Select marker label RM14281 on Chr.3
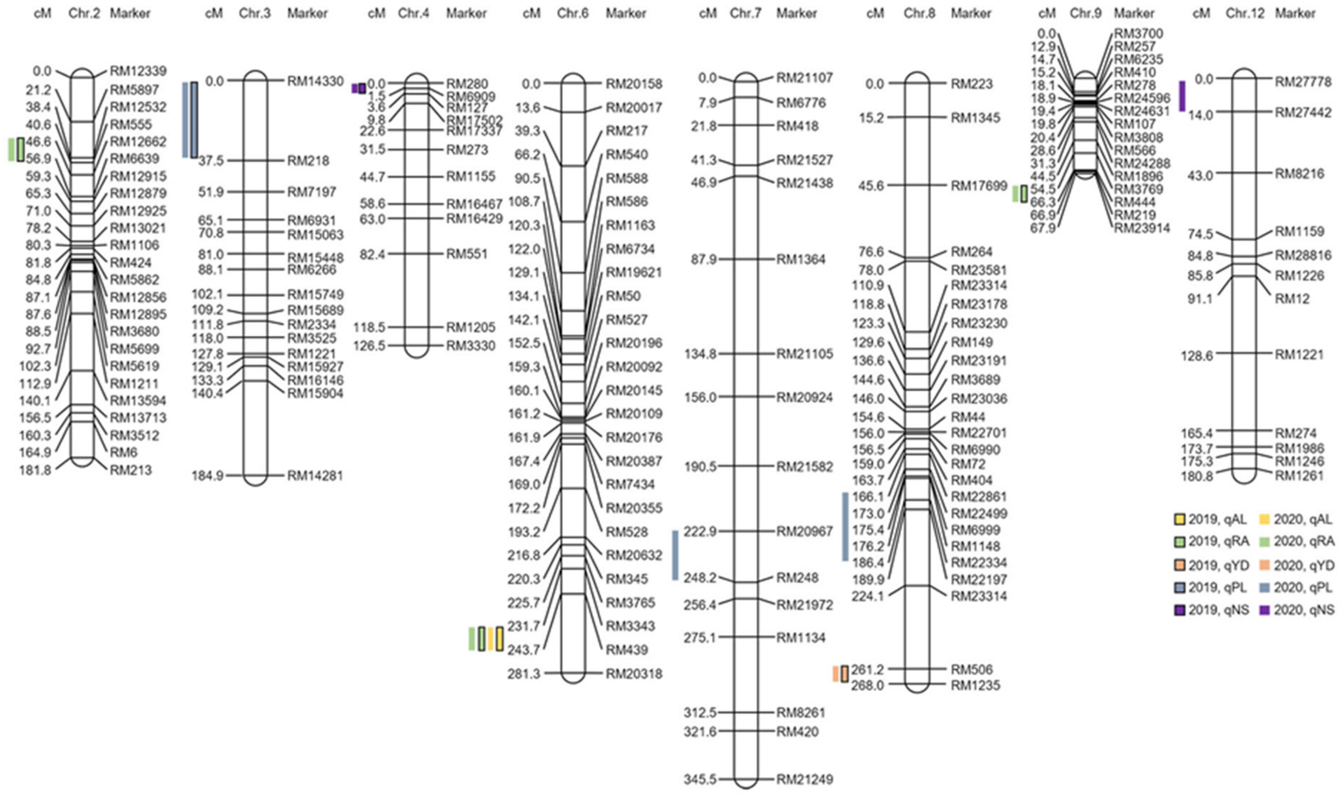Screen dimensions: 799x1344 [314, 475]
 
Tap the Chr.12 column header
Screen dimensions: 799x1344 [1244, 13]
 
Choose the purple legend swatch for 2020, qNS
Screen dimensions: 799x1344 [1265, 610]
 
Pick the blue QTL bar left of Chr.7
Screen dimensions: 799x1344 [675, 555]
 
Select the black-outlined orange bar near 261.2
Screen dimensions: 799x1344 [844, 673]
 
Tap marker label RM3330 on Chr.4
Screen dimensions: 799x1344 [470, 346]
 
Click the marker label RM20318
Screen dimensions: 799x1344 [634, 673]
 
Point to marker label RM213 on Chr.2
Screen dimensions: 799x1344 [131, 470]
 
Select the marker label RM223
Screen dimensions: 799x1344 [971, 84]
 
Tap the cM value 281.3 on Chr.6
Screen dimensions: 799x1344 [524, 673]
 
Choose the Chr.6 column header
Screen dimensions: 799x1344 [572, 13]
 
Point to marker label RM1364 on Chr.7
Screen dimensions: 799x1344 [801, 260]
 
